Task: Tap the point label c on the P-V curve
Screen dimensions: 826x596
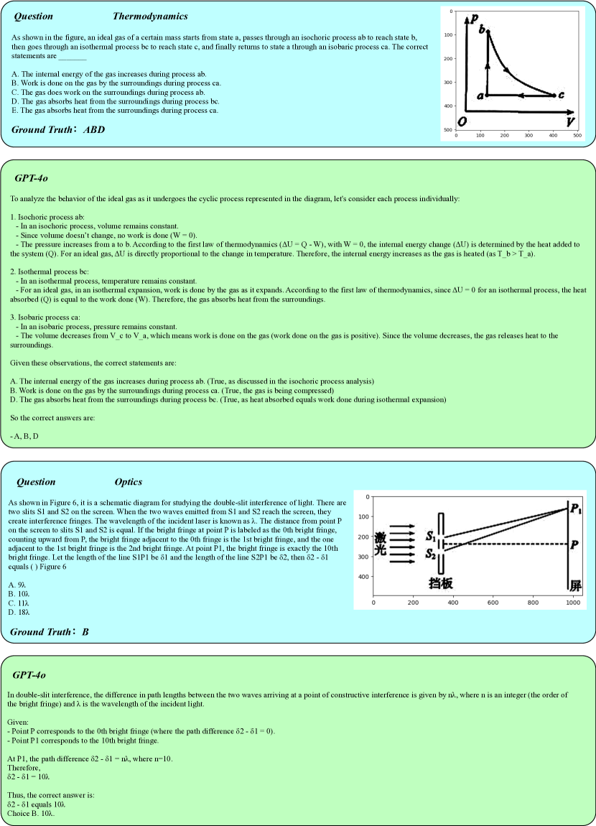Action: click(561, 95)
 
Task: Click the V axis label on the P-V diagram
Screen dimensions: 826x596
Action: click(569, 121)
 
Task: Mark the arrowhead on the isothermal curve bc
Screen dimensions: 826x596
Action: click(507, 70)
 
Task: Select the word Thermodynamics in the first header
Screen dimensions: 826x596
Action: click(150, 16)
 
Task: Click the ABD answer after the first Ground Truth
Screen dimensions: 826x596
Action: click(93, 129)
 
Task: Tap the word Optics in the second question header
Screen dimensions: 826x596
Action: click(129, 482)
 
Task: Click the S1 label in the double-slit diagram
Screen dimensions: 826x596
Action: click(429, 536)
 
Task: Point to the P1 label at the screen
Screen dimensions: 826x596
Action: click(576, 509)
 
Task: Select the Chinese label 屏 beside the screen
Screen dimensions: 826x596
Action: click(575, 585)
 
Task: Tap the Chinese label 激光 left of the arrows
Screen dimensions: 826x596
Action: click(381, 544)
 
